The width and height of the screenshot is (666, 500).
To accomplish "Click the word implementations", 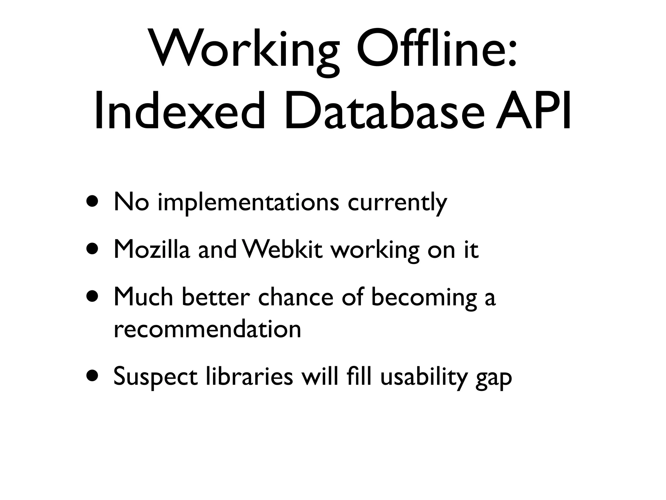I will [248, 202].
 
